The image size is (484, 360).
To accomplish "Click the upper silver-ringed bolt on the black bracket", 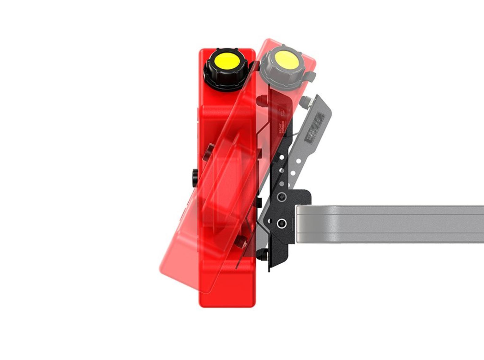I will click(x=281, y=196).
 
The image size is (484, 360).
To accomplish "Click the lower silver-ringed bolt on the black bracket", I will click(x=281, y=223).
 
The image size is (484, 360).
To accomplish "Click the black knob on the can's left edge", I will click(x=195, y=177).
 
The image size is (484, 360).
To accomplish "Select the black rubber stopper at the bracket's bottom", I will click(x=262, y=254).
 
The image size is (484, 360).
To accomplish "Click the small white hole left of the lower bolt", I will click(x=270, y=221).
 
